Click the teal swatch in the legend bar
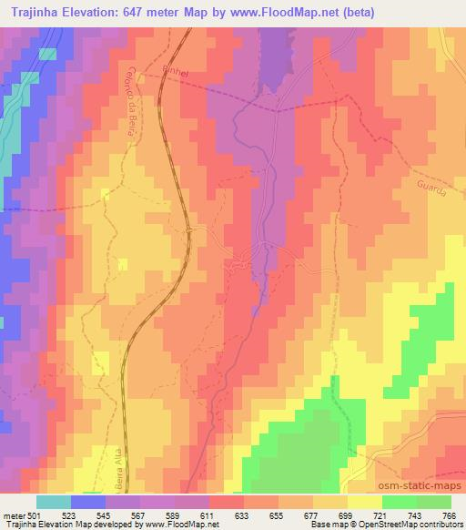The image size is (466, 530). point(54,501)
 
